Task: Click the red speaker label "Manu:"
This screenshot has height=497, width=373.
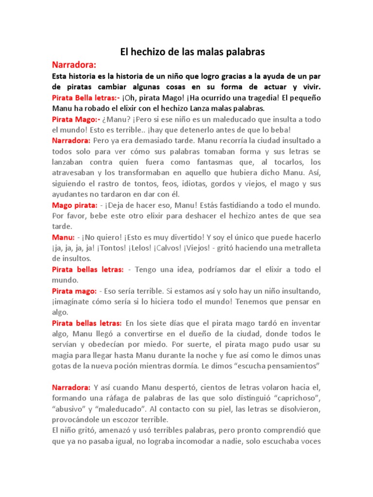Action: point(64,237)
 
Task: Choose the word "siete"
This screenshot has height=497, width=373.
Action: point(172,323)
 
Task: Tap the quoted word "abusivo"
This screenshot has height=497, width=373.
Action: point(69,409)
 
